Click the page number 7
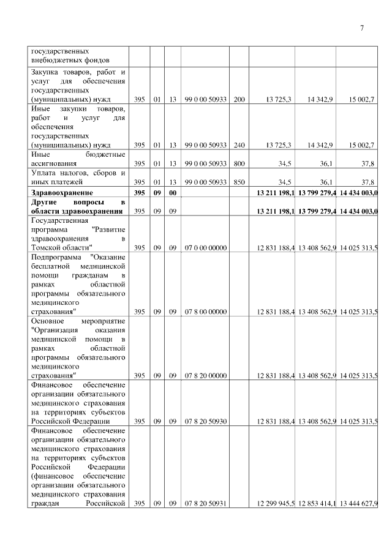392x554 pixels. pyautogui.click(x=361, y=28)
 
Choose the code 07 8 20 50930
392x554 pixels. pyautogui.click(x=205, y=421)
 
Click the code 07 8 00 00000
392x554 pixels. pyautogui.click(x=205, y=312)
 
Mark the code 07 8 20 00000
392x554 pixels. pyautogui.click(x=205, y=375)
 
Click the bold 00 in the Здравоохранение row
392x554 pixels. pyautogui.click(x=173, y=193)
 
